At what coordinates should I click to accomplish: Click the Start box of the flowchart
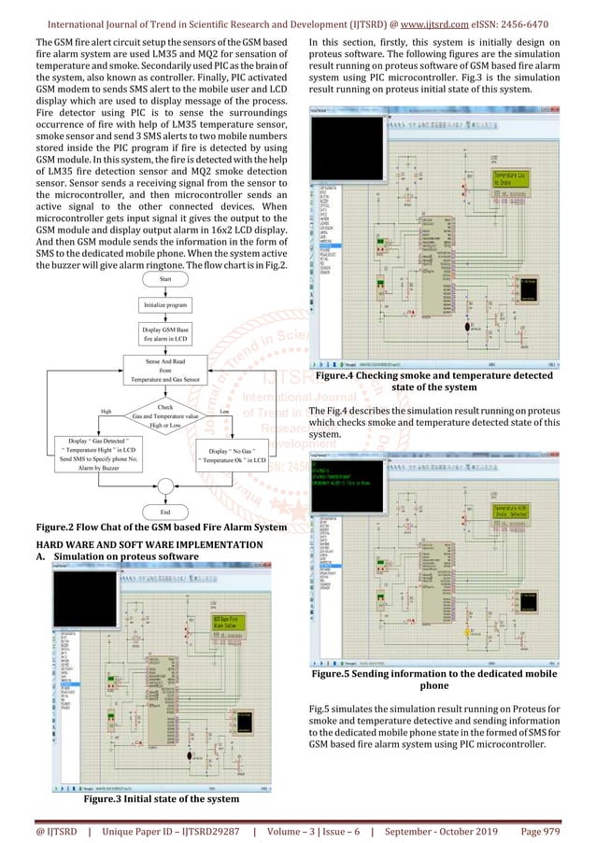(x=166, y=279)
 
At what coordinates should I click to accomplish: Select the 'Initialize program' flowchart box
(x=166, y=305)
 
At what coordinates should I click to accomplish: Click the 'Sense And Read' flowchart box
(x=166, y=370)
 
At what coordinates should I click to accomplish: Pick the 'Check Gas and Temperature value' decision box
(x=166, y=417)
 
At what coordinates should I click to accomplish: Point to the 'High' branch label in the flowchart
(x=106, y=410)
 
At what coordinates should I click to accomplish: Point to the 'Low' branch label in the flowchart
(x=225, y=410)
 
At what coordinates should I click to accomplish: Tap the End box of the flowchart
(x=165, y=513)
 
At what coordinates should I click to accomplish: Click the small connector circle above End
(x=165, y=485)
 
